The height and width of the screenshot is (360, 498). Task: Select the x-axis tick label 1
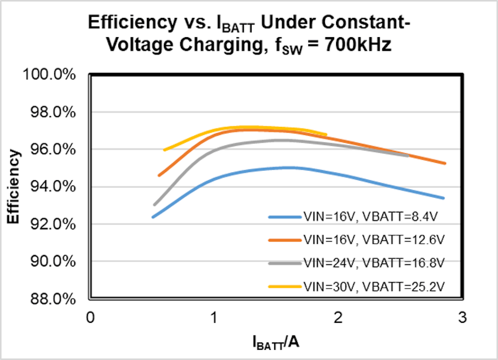tap(214, 318)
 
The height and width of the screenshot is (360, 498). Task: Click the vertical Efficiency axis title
tap(14, 186)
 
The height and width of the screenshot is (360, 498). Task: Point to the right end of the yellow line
tap(326, 135)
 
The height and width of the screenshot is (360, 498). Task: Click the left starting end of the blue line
tap(153, 217)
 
